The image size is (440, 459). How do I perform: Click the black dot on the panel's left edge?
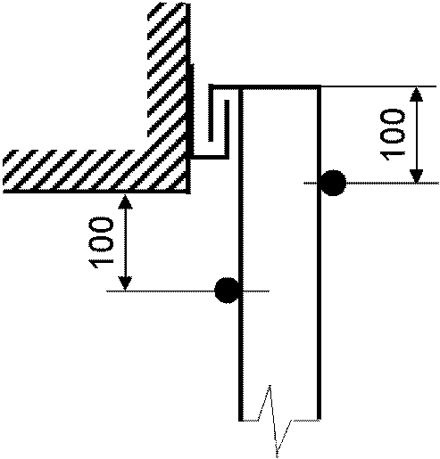coord(227,291)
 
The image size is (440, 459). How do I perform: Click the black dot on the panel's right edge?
coord(334,183)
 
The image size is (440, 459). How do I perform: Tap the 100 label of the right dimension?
coord(393,135)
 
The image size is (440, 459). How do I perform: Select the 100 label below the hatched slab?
coord(101,242)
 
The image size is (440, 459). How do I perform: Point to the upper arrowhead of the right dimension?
coord(416,94)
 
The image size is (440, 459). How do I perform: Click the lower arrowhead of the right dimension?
coord(416,176)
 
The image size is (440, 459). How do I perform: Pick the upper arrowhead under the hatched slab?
coord(125,201)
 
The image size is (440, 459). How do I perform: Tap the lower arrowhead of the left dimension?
coord(125,283)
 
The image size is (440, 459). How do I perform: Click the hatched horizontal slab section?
coord(95,171)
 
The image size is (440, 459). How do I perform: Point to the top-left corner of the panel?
coord(241,87)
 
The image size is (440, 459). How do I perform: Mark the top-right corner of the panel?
coord(319,87)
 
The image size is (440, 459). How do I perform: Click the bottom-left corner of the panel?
coord(241,419)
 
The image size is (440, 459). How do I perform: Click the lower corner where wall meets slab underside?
coord(188,192)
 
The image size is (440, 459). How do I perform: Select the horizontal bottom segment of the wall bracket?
coord(210,157)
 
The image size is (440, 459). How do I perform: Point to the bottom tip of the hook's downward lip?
coord(211,140)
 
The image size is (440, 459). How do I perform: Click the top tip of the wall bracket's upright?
coord(227,101)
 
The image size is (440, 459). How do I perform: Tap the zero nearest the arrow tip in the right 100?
coord(393,119)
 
